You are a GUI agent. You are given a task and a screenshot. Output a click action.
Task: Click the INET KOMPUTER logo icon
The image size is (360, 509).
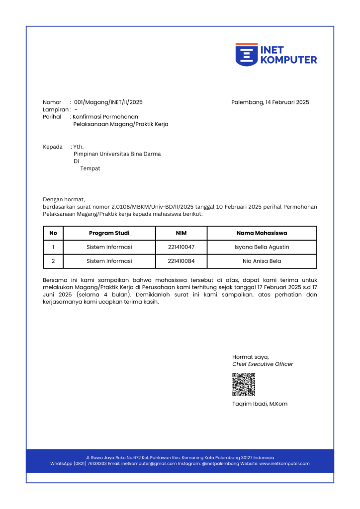click(247, 54)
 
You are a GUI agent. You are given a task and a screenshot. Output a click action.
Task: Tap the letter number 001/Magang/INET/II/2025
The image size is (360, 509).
click(108, 102)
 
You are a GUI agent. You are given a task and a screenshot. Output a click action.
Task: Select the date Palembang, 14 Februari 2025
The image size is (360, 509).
click(270, 102)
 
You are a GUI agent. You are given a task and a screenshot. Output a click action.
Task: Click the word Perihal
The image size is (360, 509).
click(52, 117)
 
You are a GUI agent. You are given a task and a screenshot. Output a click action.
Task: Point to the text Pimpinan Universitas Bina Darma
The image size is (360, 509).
click(117, 154)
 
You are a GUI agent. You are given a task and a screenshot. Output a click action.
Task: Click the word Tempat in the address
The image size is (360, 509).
click(90, 169)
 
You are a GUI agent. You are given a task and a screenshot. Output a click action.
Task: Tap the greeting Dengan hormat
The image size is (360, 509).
click(64, 199)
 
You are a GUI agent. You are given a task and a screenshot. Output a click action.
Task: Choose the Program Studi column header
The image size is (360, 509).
click(109, 233)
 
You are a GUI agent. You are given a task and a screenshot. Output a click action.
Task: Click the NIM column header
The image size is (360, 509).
click(181, 233)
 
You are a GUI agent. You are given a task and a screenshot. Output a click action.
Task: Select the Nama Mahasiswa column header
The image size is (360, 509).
click(262, 233)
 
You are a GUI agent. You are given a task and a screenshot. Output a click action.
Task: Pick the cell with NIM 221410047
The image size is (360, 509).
click(181, 247)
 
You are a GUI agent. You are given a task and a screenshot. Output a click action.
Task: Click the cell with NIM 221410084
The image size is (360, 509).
click(181, 261)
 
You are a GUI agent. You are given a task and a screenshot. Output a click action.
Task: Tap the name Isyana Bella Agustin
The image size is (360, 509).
click(262, 247)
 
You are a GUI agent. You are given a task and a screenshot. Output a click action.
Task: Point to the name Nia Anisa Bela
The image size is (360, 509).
click(262, 261)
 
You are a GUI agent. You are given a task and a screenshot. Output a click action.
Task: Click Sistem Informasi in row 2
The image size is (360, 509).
click(109, 261)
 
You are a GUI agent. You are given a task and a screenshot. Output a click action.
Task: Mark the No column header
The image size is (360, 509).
click(53, 233)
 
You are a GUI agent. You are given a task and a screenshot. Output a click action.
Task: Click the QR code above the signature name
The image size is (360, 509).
click(244, 384)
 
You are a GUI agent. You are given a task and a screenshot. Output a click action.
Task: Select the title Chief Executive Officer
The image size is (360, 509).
click(263, 364)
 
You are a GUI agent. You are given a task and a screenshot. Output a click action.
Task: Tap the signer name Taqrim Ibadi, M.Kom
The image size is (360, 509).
click(260, 404)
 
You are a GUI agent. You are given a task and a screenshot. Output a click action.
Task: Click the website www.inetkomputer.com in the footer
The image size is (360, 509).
click(284, 464)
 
